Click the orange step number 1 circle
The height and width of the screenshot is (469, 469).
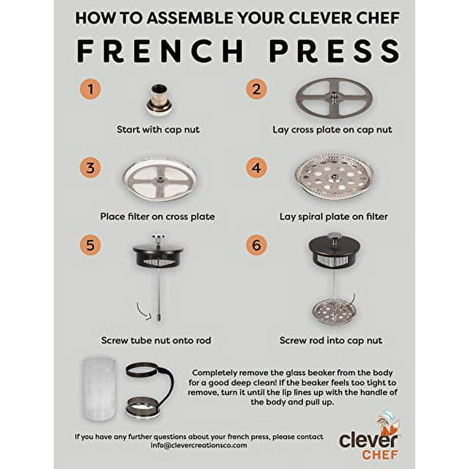tap(91, 90)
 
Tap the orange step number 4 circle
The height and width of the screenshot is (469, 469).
tap(256, 168)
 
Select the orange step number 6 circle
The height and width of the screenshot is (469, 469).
tap(256, 245)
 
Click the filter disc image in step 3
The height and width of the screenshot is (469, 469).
tap(159, 180)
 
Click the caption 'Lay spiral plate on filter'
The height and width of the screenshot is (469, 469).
tap(333, 216)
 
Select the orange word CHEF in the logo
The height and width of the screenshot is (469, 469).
tap(380, 454)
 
